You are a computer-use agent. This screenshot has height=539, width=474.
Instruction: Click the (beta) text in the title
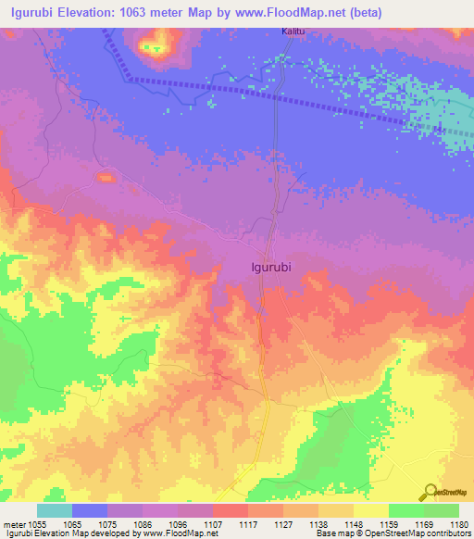tap(375, 12)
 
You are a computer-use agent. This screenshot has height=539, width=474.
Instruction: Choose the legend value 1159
tap(371, 524)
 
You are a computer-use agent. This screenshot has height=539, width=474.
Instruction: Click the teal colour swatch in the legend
tap(55, 510)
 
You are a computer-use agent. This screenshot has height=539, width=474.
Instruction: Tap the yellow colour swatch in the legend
tap(371, 510)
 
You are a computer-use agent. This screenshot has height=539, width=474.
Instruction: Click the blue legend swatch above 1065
tap(90, 510)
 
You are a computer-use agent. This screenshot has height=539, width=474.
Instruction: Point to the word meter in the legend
tap(16, 524)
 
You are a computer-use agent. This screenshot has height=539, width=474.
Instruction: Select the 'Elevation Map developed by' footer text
tap(97, 533)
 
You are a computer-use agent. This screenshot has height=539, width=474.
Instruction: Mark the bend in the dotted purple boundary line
tap(131, 79)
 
